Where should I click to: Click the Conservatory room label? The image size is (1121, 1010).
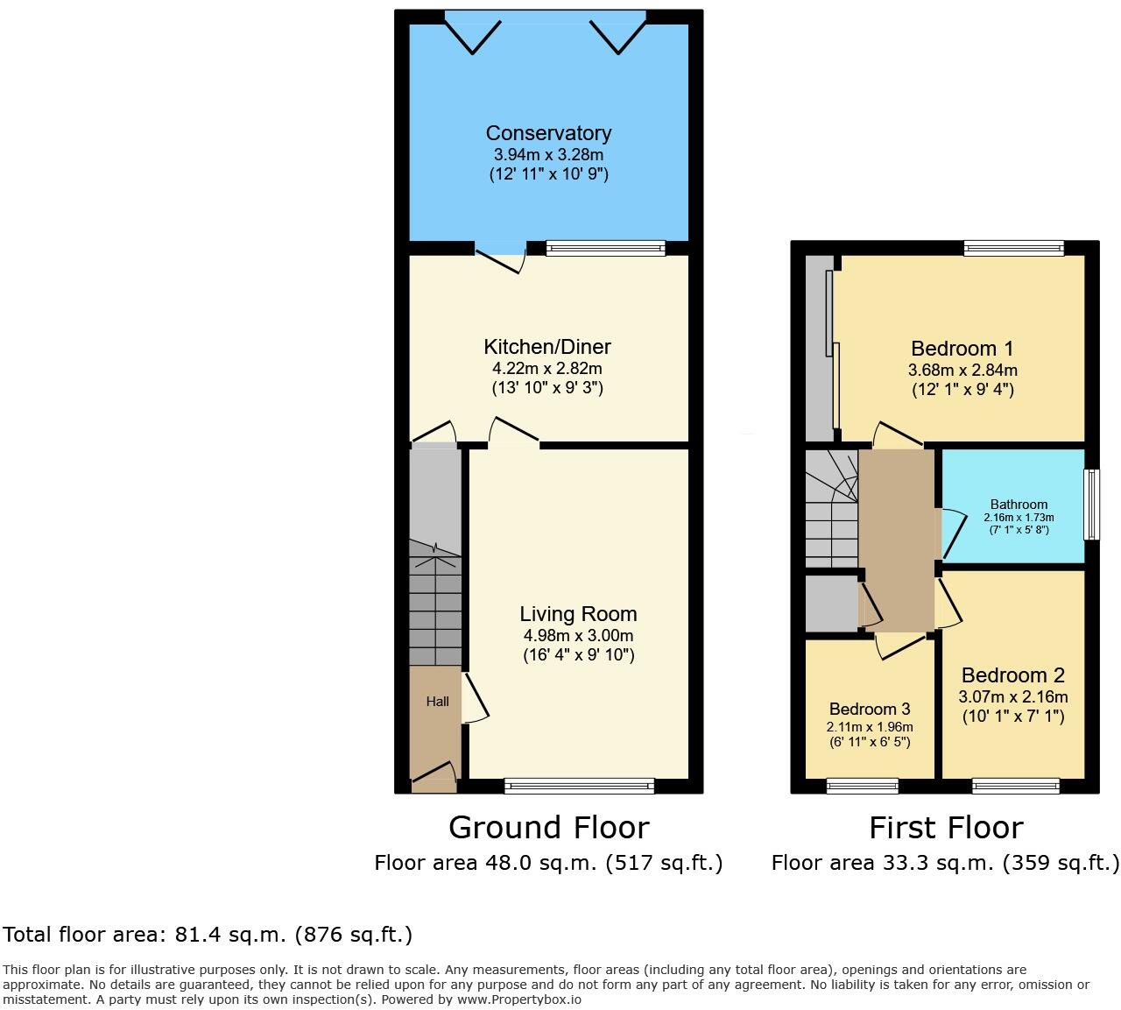click(548, 133)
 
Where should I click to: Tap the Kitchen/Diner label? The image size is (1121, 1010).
click(547, 347)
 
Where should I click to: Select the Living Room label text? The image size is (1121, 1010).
click(578, 614)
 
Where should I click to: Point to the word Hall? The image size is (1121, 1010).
click(438, 701)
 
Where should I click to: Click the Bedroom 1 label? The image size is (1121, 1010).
click(961, 349)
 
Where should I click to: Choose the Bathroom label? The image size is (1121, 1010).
click(1019, 505)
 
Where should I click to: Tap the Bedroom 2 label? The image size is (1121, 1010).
click(1012, 675)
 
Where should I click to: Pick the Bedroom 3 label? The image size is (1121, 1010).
click(870, 709)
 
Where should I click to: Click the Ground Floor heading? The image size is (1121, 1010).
click(548, 828)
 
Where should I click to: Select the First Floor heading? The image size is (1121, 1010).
click(945, 828)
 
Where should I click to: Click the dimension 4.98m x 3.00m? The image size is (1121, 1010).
click(578, 636)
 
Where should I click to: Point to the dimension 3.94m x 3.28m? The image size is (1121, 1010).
click(548, 155)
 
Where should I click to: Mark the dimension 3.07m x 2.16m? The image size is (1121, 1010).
click(1012, 697)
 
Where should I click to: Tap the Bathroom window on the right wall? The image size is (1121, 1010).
click(1091, 505)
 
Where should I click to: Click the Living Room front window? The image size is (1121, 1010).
click(579, 786)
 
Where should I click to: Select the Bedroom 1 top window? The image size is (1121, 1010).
click(1013, 249)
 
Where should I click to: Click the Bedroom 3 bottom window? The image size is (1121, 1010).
click(863, 786)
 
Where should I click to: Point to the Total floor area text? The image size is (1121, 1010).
click(208, 935)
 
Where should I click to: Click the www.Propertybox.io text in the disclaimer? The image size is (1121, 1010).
click(518, 999)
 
